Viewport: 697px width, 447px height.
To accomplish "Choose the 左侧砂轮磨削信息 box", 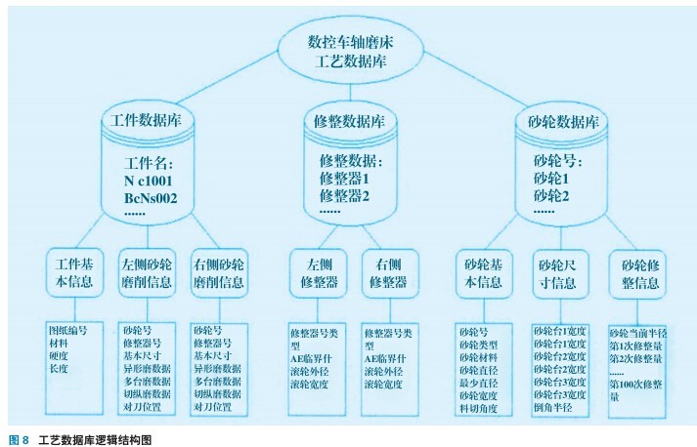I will coord(147,272).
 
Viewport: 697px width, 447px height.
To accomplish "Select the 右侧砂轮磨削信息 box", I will coord(218,272).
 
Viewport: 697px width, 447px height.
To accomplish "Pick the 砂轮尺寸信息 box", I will coord(561,272).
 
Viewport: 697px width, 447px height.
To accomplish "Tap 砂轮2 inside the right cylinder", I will coord(552,196).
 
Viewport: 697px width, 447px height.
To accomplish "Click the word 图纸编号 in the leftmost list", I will coord(67,330).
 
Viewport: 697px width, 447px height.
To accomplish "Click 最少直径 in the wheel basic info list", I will coord(479,384).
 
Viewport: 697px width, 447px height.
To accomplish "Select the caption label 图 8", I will coord(19,440).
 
